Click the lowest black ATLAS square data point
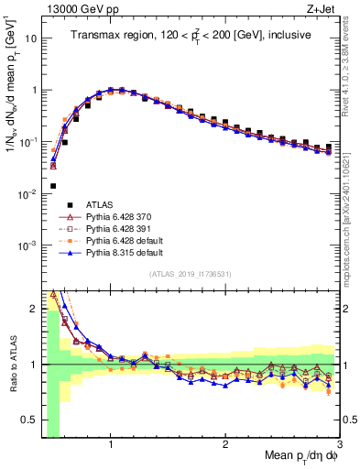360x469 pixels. tap(53, 186)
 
